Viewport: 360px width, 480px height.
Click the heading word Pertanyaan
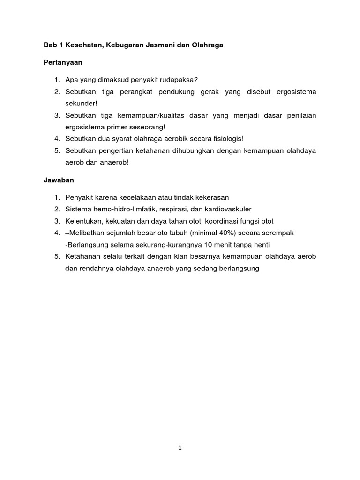click(63, 62)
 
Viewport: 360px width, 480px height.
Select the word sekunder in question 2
click(81, 103)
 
